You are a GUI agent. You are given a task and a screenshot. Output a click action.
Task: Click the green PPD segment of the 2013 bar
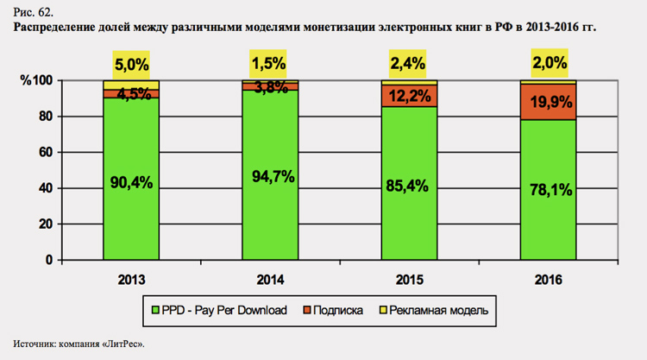(129, 216)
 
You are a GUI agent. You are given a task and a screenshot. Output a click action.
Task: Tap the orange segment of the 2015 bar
(409, 96)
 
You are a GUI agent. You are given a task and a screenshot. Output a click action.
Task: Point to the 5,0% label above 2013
(130, 64)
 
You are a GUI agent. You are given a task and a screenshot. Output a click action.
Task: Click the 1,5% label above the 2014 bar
(270, 64)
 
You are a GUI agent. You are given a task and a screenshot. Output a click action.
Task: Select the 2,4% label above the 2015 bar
(409, 64)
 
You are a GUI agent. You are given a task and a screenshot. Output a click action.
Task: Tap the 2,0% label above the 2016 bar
(549, 64)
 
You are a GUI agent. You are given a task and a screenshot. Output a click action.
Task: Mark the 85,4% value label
(409, 184)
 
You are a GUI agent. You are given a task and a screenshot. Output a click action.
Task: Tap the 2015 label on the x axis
(409, 281)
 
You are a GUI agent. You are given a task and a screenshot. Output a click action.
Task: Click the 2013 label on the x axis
(130, 281)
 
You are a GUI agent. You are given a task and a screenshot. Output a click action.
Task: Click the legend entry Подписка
(338, 309)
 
